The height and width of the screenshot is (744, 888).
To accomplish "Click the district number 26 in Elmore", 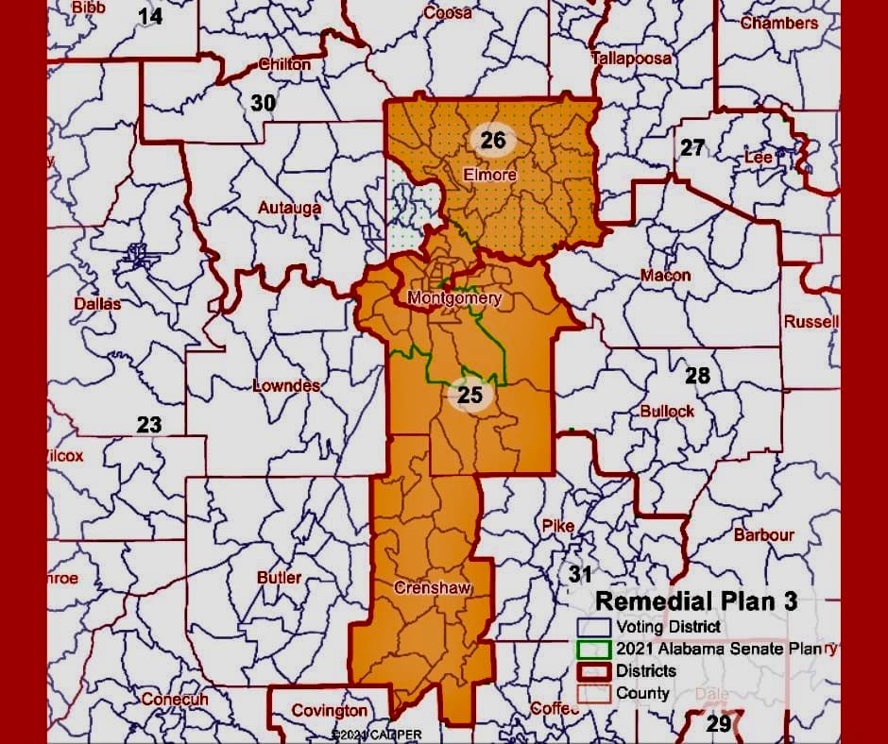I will click(x=493, y=141).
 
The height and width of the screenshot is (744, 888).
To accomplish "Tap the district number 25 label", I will click(x=470, y=396).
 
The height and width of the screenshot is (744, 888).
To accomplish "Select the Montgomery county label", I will click(x=453, y=298).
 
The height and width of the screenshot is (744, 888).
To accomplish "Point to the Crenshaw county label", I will click(x=432, y=588).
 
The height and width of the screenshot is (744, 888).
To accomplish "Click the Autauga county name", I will click(x=290, y=207).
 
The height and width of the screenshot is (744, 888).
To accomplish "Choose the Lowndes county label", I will click(x=286, y=385).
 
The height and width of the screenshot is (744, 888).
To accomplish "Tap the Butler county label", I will click(x=280, y=577).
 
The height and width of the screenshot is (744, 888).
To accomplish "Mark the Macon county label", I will click(x=665, y=276).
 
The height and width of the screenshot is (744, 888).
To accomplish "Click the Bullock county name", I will click(x=667, y=411).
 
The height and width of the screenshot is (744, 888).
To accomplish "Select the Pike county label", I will click(x=557, y=526).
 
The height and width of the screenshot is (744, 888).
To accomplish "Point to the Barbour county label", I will click(x=763, y=534).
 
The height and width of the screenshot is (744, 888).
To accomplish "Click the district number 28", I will click(x=697, y=376).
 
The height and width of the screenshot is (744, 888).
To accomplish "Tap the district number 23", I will click(x=149, y=424).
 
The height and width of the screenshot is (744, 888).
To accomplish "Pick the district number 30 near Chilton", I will click(x=263, y=103).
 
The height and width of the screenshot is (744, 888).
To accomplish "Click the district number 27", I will click(x=692, y=147).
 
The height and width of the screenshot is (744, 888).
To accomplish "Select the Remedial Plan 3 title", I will click(x=696, y=600).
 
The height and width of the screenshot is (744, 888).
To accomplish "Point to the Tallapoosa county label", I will click(x=631, y=58).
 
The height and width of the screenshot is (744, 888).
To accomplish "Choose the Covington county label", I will click(x=329, y=710).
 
